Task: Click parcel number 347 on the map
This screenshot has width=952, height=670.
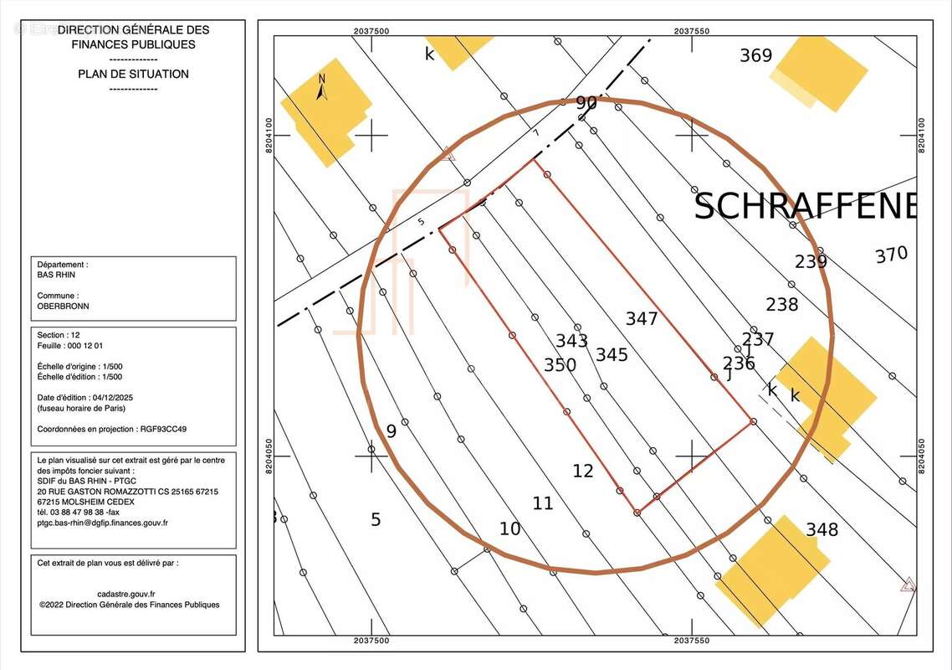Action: click(x=641, y=318)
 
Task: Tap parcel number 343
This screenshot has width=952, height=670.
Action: click(x=571, y=341)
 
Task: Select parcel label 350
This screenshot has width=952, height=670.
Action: click(x=560, y=365)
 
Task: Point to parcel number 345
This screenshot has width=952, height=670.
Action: click(x=612, y=354)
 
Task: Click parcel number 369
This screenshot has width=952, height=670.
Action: click(x=756, y=55)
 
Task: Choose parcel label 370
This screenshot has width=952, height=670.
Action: click(x=891, y=254)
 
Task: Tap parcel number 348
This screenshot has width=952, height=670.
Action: click(x=822, y=529)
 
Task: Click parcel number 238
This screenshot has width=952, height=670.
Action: click(x=782, y=304)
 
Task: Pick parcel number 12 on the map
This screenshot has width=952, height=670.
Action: click(x=583, y=471)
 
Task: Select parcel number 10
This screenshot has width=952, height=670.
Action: click(x=510, y=529)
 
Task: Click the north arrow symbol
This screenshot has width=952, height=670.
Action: click(x=322, y=87)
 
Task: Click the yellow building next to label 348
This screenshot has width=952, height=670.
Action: click(x=772, y=571)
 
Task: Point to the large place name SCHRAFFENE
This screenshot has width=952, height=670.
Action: click(x=805, y=206)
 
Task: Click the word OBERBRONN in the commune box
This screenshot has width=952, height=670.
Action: click(x=63, y=307)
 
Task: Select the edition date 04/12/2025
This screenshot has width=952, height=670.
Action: click(x=113, y=398)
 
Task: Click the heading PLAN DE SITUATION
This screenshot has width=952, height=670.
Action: click(x=134, y=75)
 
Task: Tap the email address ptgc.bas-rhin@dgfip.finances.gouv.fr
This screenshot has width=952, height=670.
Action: click(x=103, y=523)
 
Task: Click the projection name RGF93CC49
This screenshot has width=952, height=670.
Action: click(x=163, y=430)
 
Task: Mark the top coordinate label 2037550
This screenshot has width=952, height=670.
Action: click(x=692, y=31)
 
